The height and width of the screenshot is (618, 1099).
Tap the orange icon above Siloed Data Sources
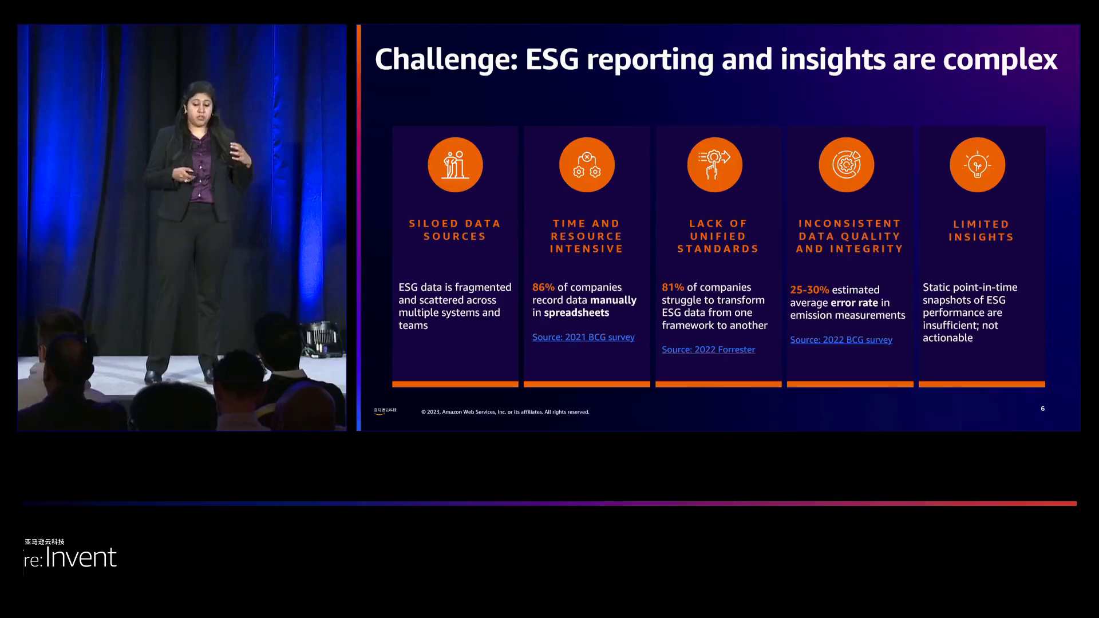[x=455, y=165]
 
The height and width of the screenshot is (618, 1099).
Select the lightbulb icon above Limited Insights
[x=977, y=165]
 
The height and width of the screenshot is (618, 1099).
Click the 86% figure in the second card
[x=543, y=287]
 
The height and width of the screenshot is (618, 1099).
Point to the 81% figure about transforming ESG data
[x=673, y=287]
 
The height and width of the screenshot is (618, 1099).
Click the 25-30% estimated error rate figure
[x=809, y=290]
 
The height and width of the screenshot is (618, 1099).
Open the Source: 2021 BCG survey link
[x=583, y=337]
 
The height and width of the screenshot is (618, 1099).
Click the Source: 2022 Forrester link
[x=708, y=350]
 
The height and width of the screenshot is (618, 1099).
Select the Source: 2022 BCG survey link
[x=841, y=340]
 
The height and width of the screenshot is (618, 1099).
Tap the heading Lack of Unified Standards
[x=718, y=236]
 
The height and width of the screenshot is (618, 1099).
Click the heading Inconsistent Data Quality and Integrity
[x=849, y=236]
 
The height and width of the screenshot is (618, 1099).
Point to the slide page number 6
[x=1042, y=409]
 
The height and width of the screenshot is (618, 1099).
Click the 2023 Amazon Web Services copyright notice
[x=505, y=412]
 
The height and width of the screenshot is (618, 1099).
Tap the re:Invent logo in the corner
[x=71, y=557]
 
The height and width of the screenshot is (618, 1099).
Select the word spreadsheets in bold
[x=576, y=312]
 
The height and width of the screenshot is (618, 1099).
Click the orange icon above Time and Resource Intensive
[x=587, y=165]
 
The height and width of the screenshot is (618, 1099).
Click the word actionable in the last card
[x=947, y=338]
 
